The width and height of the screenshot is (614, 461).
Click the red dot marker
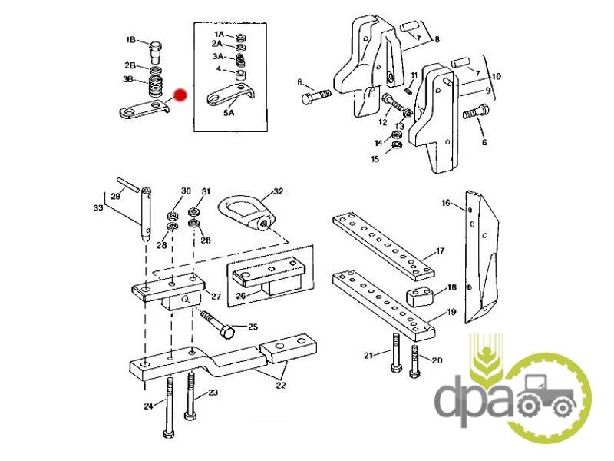click(180, 95)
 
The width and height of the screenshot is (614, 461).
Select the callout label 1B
click(130, 40)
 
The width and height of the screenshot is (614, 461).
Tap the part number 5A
click(229, 113)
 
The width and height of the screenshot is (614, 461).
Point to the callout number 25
click(253, 326)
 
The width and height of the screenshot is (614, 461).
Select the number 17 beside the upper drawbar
click(440, 251)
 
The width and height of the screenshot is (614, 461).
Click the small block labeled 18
click(419, 297)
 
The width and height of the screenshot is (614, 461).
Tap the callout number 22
click(281, 386)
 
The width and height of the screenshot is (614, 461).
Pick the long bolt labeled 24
click(170, 407)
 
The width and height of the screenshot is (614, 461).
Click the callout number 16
click(446, 203)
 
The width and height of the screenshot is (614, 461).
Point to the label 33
click(98, 207)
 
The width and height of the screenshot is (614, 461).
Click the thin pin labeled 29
click(128, 184)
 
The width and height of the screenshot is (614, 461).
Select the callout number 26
click(241, 295)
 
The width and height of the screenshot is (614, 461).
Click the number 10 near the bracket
click(496, 76)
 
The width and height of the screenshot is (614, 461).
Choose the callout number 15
click(375, 159)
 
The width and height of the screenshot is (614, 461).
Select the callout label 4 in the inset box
click(219, 69)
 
